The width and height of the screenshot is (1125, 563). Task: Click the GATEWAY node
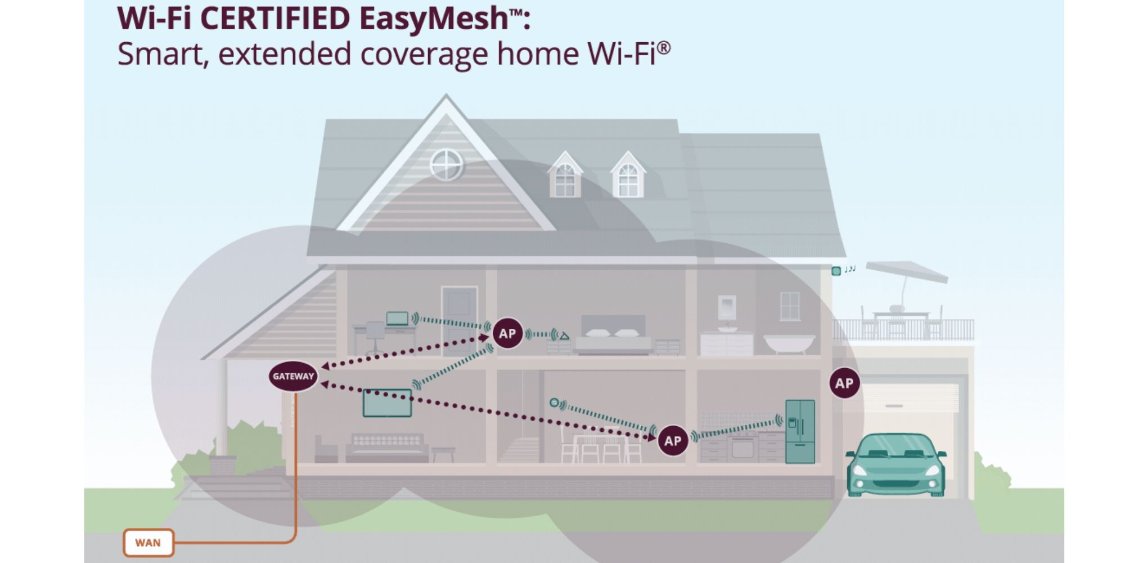[x=293, y=376]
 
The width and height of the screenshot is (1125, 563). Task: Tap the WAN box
[x=148, y=543]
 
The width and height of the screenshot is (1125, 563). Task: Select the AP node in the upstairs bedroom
[x=507, y=333]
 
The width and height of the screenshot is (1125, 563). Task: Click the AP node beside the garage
[x=844, y=383]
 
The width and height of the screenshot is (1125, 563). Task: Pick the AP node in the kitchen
[x=673, y=441]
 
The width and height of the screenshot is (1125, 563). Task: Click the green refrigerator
[x=800, y=431]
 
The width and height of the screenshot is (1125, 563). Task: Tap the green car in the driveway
[x=895, y=464]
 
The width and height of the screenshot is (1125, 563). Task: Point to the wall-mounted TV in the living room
[x=387, y=403]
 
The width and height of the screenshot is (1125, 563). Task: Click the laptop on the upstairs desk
[x=397, y=319]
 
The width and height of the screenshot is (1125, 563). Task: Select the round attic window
[x=446, y=165]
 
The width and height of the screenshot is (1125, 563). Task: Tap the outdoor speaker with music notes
[x=836, y=271]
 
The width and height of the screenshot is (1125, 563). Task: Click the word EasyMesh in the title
[x=433, y=19]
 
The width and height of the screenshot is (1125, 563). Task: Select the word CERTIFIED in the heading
[x=275, y=19]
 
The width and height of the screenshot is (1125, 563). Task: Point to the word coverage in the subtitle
[x=424, y=55]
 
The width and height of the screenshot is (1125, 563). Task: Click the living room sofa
[x=387, y=448]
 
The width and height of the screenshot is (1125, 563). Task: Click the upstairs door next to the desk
[x=460, y=318]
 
